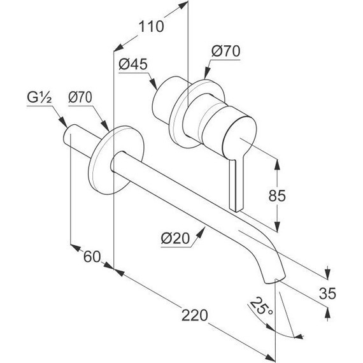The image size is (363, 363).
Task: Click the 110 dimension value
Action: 151,26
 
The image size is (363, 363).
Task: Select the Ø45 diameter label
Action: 133,64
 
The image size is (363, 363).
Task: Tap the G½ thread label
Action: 39,98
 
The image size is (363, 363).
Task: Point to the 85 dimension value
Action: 277,196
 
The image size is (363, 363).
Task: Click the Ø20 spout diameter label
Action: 175,238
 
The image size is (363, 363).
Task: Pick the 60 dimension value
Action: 92,257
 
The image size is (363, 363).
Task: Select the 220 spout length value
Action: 195,315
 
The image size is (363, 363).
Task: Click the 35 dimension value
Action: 327,294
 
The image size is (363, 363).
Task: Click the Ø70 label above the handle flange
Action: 225,51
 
